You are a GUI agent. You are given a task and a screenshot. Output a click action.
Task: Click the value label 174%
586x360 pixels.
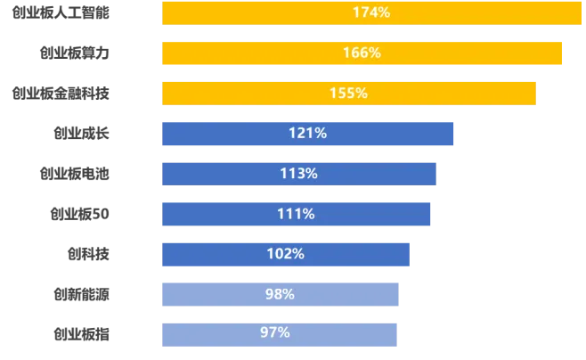(x=371, y=12)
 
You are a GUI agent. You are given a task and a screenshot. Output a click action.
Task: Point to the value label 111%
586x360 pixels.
(x=296, y=214)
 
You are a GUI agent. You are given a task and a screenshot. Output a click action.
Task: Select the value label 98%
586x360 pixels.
(x=280, y=294)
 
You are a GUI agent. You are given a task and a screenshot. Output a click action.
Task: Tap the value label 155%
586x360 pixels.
(x=348, y=93)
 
